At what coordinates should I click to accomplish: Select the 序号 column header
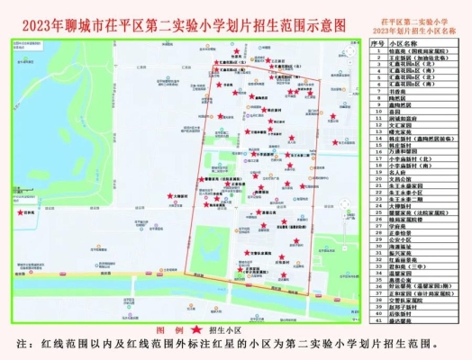[x=379, y=42]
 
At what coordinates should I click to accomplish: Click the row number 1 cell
[x=379, y=50]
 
